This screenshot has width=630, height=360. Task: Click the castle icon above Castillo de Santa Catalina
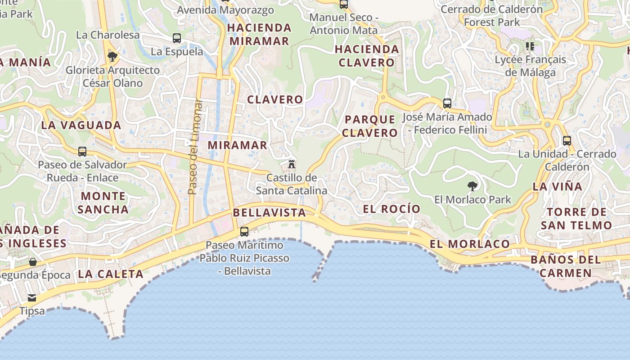292,163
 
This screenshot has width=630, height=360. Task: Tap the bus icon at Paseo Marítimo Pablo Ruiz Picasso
244,232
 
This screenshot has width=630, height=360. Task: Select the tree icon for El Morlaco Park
472,185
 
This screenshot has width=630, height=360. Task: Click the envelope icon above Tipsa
32,297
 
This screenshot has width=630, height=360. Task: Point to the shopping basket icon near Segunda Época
33,261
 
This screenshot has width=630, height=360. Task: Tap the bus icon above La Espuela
177,38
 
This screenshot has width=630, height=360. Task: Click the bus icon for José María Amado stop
447,103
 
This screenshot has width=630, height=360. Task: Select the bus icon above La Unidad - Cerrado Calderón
567,140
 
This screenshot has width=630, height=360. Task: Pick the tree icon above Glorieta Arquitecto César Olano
112,56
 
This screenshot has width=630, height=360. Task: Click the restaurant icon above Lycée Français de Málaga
530,46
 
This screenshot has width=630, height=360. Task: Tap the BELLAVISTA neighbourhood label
269,213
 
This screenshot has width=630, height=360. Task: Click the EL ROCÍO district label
391,209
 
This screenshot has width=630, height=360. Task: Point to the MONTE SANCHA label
103,202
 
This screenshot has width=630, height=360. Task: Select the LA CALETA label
111,274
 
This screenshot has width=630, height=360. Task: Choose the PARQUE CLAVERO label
369,126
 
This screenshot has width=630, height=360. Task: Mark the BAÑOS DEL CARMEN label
566,266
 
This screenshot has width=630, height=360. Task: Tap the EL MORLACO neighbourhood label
469,244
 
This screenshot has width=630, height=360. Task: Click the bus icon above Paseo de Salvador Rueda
82,151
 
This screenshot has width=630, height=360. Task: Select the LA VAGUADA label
81,125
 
